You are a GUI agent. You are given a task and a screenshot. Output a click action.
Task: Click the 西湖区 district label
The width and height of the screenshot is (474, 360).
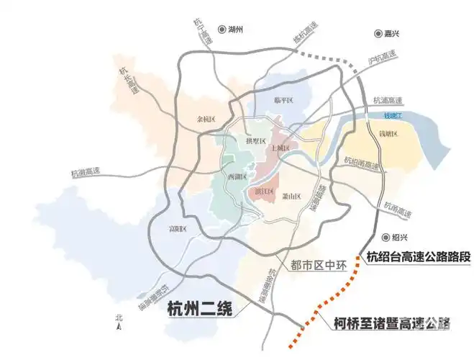click(x=237, y=176)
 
